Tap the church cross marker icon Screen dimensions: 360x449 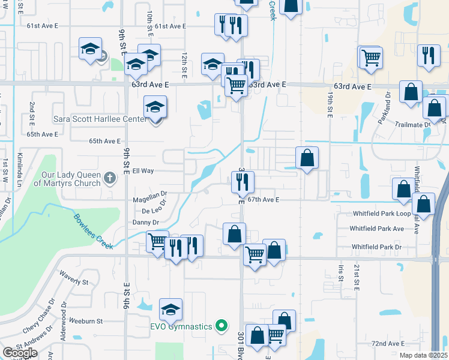[109, 178]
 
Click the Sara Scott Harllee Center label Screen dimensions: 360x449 [100, 119]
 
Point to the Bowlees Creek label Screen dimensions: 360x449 [94, 232]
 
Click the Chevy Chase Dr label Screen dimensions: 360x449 [38, 317]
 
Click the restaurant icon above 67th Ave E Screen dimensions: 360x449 [243, 181]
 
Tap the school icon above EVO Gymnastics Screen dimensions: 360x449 [170, 310]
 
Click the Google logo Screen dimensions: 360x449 [20, 352]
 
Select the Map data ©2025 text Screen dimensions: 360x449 [423, 355]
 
